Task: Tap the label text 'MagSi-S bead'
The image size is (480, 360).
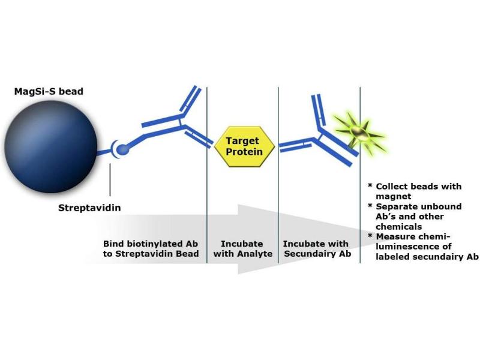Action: (x=49, y=91)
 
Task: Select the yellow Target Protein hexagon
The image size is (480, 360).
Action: (x=244, y=146)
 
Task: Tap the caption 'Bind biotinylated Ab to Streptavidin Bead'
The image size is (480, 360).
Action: (x=151, y=249)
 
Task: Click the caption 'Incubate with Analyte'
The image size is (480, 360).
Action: (x=242, y=249)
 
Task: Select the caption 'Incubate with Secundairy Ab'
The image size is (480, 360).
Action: (x=316, y=249)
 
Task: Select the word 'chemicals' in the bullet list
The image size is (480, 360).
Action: (x=399, y=227)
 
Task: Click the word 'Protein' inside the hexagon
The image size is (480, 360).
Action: (x=244, y=152)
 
